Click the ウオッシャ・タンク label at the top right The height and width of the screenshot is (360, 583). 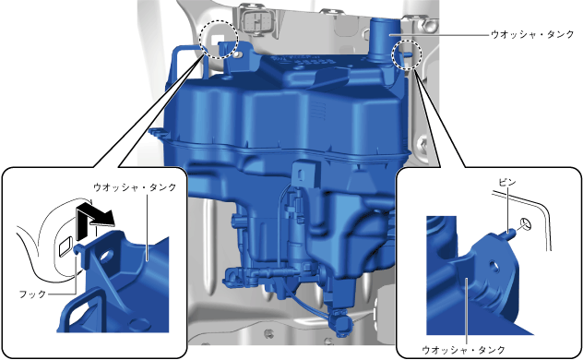(x=532, y=34)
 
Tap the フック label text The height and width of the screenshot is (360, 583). (x=32, y=294)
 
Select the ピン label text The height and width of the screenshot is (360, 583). (x=507, y=182)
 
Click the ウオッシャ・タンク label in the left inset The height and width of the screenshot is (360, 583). (x=135, y=187)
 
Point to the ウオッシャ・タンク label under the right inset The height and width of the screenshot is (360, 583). (x=463, y=350)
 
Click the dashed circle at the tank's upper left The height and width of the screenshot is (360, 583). (x=219, y=39)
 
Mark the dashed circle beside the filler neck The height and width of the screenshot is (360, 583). (x=408, y=54)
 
